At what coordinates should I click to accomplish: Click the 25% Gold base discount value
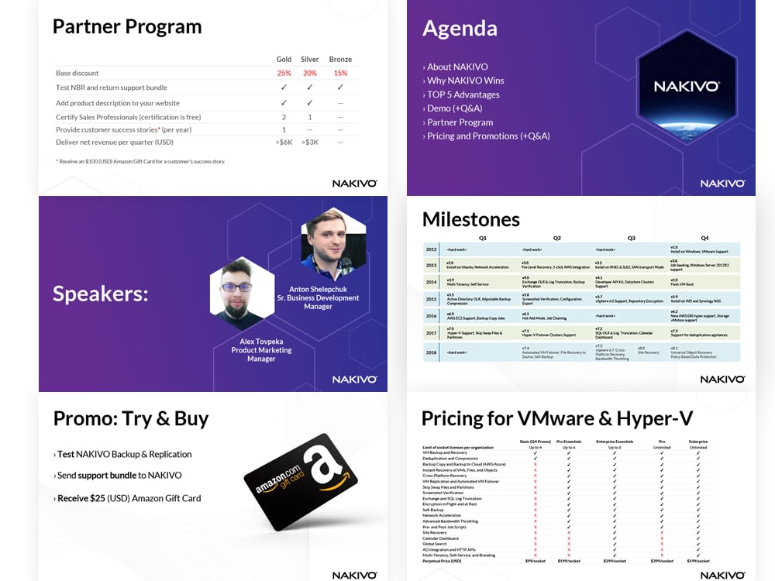click(284, 73)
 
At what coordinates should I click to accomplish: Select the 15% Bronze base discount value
click(340, 73)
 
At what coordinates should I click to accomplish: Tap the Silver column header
click(309, 59)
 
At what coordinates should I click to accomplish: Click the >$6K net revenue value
click(284, 142)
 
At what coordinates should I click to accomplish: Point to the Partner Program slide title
click(126, 26)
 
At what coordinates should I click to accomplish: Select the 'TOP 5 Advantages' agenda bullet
click(463, 95)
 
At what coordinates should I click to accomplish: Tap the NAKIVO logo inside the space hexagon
click(687, 86)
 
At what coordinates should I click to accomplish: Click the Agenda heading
click(460, 29)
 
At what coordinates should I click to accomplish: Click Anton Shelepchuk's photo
click(333, 246)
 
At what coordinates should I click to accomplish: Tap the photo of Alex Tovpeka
click(243, 294)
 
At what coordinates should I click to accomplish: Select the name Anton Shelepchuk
click(318, 289)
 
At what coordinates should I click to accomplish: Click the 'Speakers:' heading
click(100, 294)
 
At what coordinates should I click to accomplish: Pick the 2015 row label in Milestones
click(431, 298)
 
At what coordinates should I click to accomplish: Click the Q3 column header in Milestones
click(631, 238)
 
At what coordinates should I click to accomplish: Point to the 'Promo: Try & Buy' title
click(131, 419)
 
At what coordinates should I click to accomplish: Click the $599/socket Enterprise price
click(698, 561)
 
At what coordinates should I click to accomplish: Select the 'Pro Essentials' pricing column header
click(569, 442)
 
